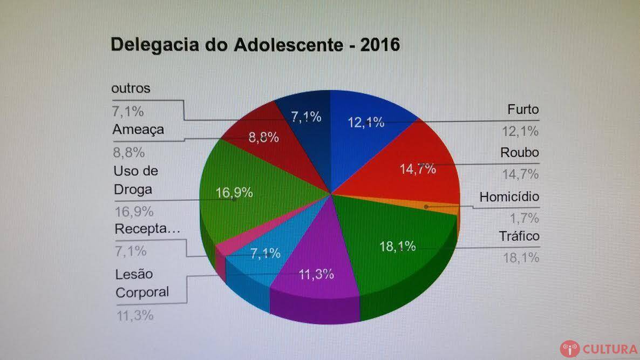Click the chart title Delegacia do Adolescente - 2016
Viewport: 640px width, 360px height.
pyautogui.click(x=255, y=45)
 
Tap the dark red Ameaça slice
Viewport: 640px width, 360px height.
pyautogui.click(x=259, y=135)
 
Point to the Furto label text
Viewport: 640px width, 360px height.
pyautogui.click(x=523, y=110)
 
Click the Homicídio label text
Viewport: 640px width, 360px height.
pyautogui.click(x=509, y=197)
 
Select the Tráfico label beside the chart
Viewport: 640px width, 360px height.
pyautogui.click(x=519, y=236)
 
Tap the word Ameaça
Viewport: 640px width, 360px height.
pyautogui.click(x=138, y=130)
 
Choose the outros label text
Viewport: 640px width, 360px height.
pyautogui.click(x=131, y=89)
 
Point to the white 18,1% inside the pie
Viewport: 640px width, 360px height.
pyautogui.click(x=398, y=247)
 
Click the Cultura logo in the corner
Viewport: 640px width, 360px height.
pyautogui.click(x=599, y=348)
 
